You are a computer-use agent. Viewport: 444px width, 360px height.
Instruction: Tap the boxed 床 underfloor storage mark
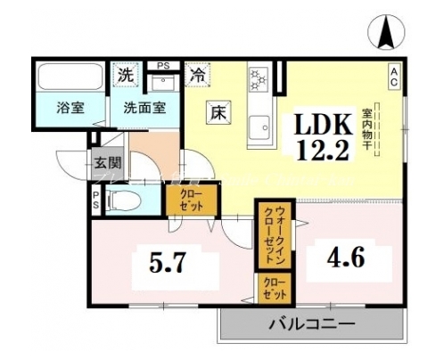pyautogui.click(x=218, y=113)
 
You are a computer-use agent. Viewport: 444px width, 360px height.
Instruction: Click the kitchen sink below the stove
pyautogui.click(x=260, y=128)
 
